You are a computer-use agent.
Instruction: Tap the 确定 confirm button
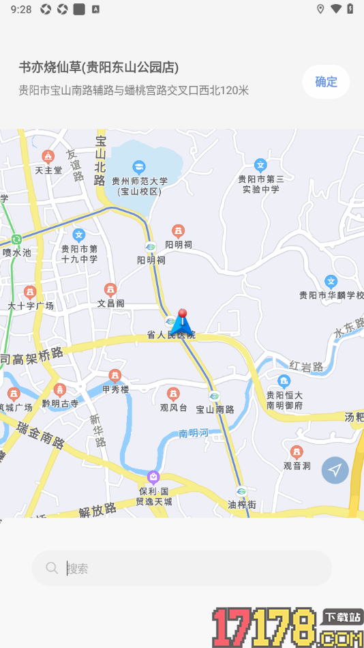(x=326, y=82)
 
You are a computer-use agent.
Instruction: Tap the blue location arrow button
(x=335, y=470)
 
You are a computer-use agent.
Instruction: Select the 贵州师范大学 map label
(x=139, y=181)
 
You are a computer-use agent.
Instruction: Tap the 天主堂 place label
(x=48, y=169)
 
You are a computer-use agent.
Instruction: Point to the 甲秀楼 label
(x=115, y=389)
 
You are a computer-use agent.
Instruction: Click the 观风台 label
(x=173, y=408)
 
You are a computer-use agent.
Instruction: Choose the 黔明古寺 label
(x=60, y=403)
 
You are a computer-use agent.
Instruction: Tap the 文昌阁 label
(x=110, y=303)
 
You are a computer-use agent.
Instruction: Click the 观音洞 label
(x=297, y=465)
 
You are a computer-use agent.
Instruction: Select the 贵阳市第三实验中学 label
(x=260, y=183)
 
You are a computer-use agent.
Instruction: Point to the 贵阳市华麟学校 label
(x=331, y=295)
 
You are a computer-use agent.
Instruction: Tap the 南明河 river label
(x=194, y=433)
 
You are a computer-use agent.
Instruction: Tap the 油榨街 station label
(x=241, y=505)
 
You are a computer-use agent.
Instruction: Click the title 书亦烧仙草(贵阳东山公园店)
(x=99, y=67)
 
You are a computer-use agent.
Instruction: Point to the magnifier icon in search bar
(x=52, y=568)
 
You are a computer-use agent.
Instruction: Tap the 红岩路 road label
(x=306, y=367)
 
